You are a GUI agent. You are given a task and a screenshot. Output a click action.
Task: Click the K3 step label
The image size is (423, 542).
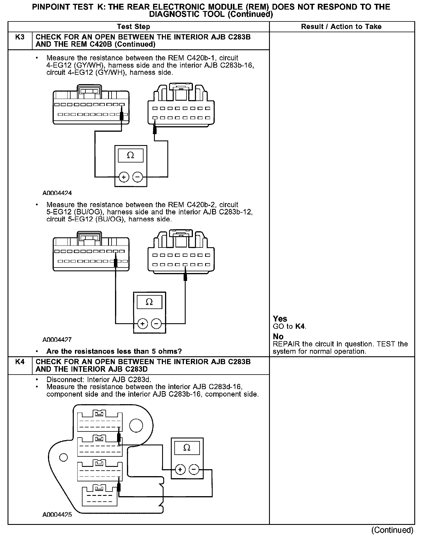[x=20, y=37]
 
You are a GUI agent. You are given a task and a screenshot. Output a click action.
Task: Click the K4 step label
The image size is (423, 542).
[x=20, y=362]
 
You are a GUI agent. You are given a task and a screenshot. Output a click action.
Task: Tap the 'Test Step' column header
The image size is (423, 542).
[x=133, y=27]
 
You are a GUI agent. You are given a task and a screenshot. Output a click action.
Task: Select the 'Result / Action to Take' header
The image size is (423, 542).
[x=341, y=27]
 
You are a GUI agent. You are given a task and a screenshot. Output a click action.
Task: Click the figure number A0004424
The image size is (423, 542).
[x=57, y=193]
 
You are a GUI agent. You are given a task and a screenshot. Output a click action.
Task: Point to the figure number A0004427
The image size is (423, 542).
[x=57, y=339]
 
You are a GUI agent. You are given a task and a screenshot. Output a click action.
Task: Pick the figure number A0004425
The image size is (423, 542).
[x=57, y=515]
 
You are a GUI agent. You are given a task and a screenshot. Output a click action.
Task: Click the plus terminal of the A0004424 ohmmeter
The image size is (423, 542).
[x=124, y=177]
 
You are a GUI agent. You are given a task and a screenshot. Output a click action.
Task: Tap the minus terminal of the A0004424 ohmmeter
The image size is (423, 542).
[x=138, y=177]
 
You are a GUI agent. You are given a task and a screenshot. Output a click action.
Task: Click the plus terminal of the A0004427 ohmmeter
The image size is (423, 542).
[x=142, y=323]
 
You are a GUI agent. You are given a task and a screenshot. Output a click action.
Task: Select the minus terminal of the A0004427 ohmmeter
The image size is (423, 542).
[x=156, y=323]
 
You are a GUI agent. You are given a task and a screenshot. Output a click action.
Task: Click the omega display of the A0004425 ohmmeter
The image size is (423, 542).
[x=187, y=448]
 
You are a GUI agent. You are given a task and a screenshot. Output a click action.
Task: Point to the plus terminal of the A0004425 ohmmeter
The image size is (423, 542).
[x=180, y=469]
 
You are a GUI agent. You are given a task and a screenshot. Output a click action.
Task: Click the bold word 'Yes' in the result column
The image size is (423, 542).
[x=280, y=319]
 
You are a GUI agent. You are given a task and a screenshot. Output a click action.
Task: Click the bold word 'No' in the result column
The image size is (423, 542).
[x=278, y=337]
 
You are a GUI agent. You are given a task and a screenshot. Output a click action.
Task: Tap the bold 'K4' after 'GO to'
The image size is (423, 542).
[x=300, y=326]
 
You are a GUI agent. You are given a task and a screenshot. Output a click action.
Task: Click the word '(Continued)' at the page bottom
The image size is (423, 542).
[x=392, y=530]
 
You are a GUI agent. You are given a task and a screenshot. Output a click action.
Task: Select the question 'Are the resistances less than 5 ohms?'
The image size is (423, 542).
[x=114, y=351]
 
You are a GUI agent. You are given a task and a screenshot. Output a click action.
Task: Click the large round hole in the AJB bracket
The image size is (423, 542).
[x=136, y=426]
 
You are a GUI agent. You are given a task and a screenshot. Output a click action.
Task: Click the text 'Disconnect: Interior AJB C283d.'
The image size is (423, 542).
[x=99, y=380]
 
